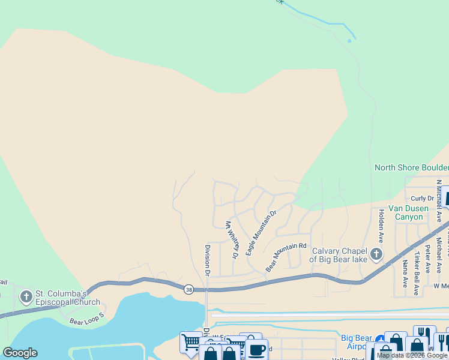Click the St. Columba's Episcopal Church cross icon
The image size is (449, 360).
(26, 296)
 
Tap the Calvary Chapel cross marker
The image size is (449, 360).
(376, 254)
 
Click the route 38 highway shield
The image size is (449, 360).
(188, 289)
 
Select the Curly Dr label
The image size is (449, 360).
(422, 199)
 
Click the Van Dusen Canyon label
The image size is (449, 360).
(409, 212)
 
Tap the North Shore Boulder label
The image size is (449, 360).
(411, 167)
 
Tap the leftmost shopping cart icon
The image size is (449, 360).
(191, 343)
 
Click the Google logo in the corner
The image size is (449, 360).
(20, 353)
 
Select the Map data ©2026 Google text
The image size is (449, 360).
(412, 356)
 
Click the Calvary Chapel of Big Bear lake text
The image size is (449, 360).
(337, 255)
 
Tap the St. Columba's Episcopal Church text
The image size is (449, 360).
(62, 297)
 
